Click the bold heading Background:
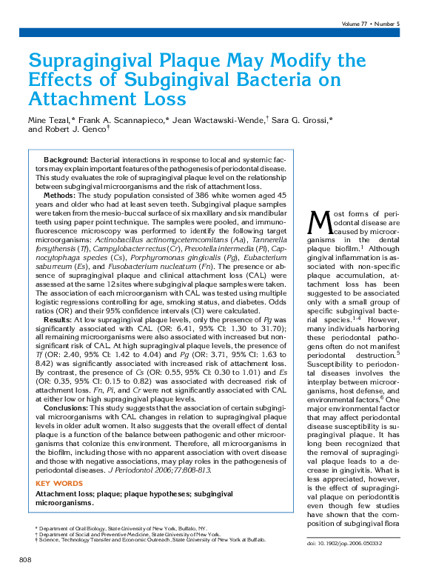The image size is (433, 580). [x=66, y=160]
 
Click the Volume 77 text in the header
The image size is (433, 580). [x=358, y=24]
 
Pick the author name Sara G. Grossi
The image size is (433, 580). [x=304, y=119]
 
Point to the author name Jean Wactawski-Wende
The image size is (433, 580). [x=218, y=119]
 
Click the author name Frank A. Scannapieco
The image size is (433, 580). [x=124, y=119]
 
